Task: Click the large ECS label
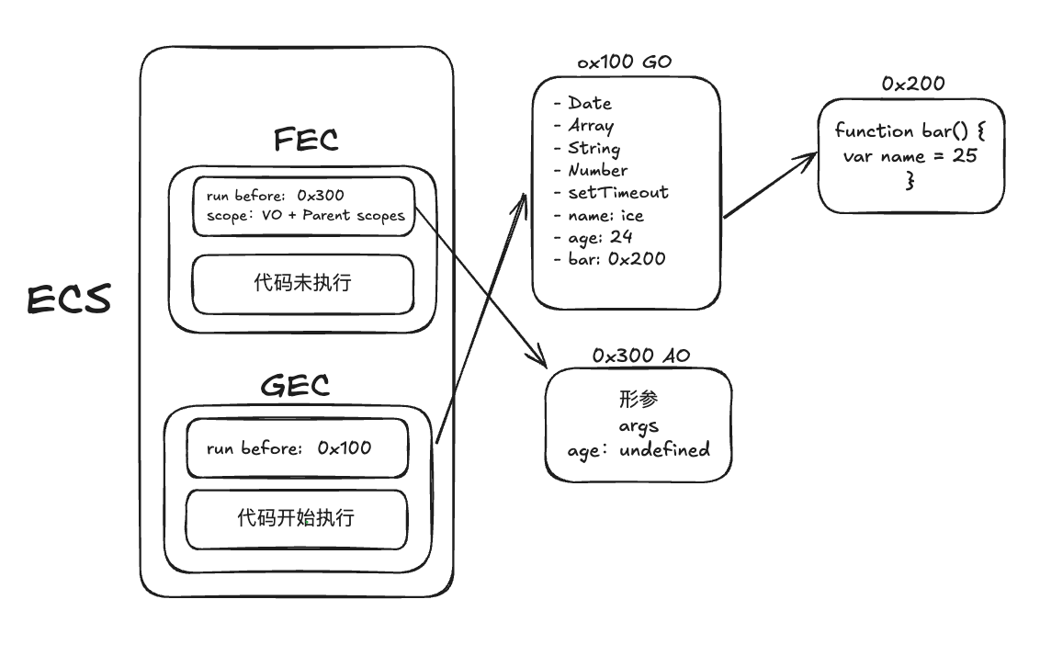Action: [x=69, y=300]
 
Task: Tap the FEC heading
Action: [x=306, y=140]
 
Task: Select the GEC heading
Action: [x=295, y=385]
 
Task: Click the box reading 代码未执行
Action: [x=303, y=284]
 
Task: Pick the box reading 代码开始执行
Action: [x=297, y=519]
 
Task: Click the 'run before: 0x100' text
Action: [x=288, y=448]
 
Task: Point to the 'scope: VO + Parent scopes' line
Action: [x=305, y=216]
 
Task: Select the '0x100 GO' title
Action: [x=624, y=62]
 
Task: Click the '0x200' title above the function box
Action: [x=913, y=84]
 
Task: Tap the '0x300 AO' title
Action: [x=640, y=356]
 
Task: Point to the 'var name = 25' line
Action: [x=910, y=156]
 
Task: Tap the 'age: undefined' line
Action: [x=639, y=450]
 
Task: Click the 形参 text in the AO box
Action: [x=639, y=399]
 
